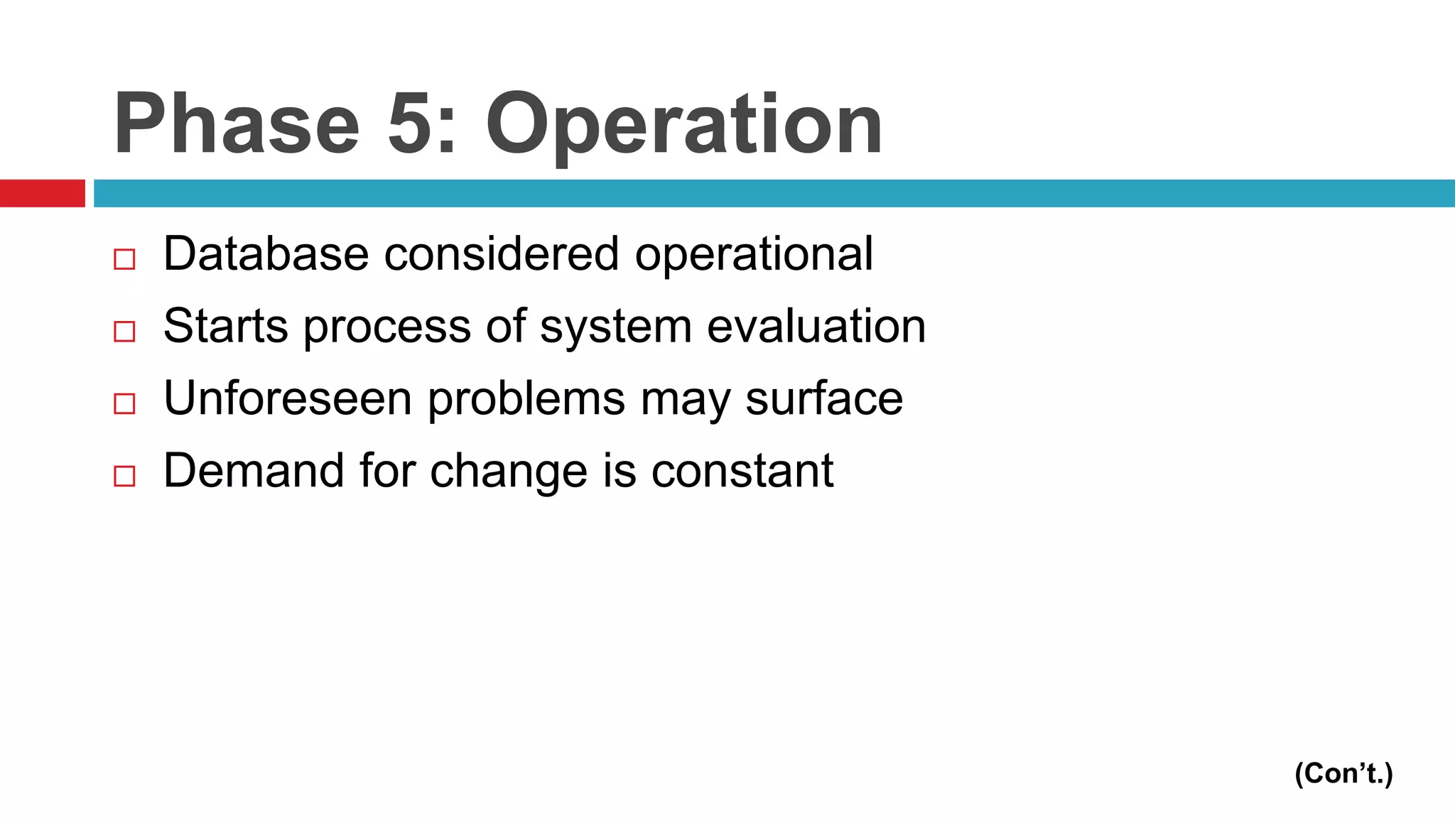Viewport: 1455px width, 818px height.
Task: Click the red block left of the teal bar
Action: coord(42,193)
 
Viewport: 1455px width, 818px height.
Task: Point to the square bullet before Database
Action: coord(124,259)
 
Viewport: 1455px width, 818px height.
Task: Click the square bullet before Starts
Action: coord(124,332)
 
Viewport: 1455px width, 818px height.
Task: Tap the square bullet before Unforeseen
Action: coord(124,404)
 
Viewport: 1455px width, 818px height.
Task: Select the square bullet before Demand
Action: coord(124,476)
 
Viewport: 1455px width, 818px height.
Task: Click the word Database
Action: coord(266,253)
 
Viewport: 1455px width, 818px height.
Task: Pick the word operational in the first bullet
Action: coord(754,256)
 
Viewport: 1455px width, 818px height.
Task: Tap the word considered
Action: coord(502,253)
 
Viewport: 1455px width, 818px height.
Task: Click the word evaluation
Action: coord(816,326)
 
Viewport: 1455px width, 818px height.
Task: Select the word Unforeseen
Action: coord(288,398)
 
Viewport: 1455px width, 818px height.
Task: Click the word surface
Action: coord(824,398)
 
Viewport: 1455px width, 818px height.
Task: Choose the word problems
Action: coord(526,400)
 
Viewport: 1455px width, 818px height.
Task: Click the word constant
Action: coord(742,471)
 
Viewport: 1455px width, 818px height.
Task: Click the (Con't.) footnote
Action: coord(1343,773)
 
